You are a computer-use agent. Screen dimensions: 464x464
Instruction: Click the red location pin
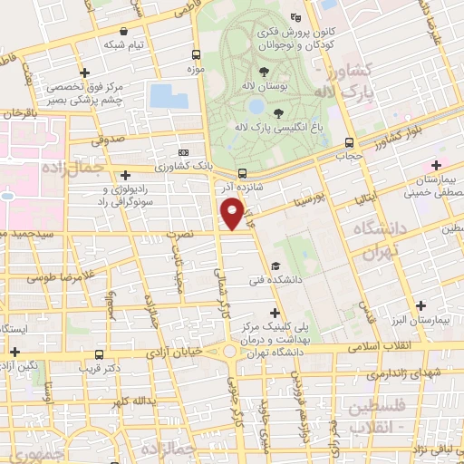tap(233, 214)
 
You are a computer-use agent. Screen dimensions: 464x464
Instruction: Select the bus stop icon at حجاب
tap(350, 142)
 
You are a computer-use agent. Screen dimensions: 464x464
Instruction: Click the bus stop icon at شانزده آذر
tap(242, 173)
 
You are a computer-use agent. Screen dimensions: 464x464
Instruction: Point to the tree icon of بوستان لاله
tap(264, 72)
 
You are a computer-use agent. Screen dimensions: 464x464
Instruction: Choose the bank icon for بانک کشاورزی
tap(184, 153)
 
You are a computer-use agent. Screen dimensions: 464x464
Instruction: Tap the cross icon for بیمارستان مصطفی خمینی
tap(437, 165)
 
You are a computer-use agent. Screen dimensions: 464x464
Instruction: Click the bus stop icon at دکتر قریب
tap(98, 355)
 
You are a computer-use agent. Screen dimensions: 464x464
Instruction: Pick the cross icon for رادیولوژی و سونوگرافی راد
tap(125, 174)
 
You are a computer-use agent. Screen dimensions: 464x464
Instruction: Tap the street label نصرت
tap(184, 234)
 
